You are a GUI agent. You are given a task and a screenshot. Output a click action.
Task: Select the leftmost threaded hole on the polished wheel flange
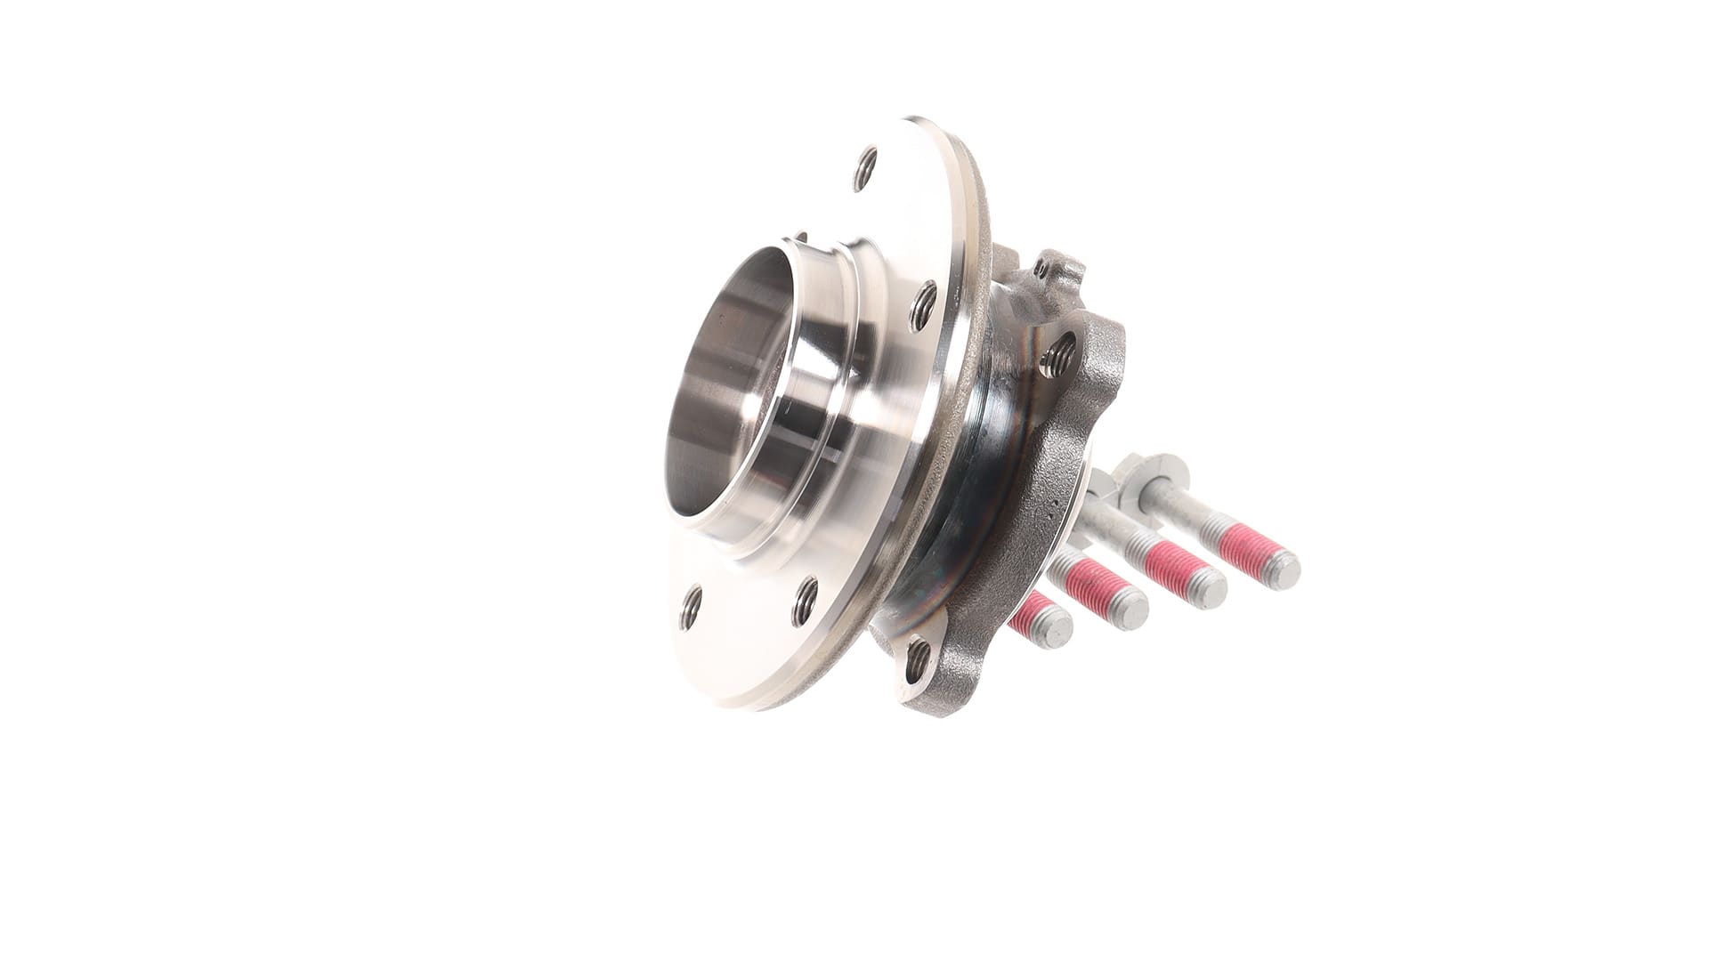(691, 609)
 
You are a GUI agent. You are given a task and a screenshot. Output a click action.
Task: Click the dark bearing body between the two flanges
(944, 498)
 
